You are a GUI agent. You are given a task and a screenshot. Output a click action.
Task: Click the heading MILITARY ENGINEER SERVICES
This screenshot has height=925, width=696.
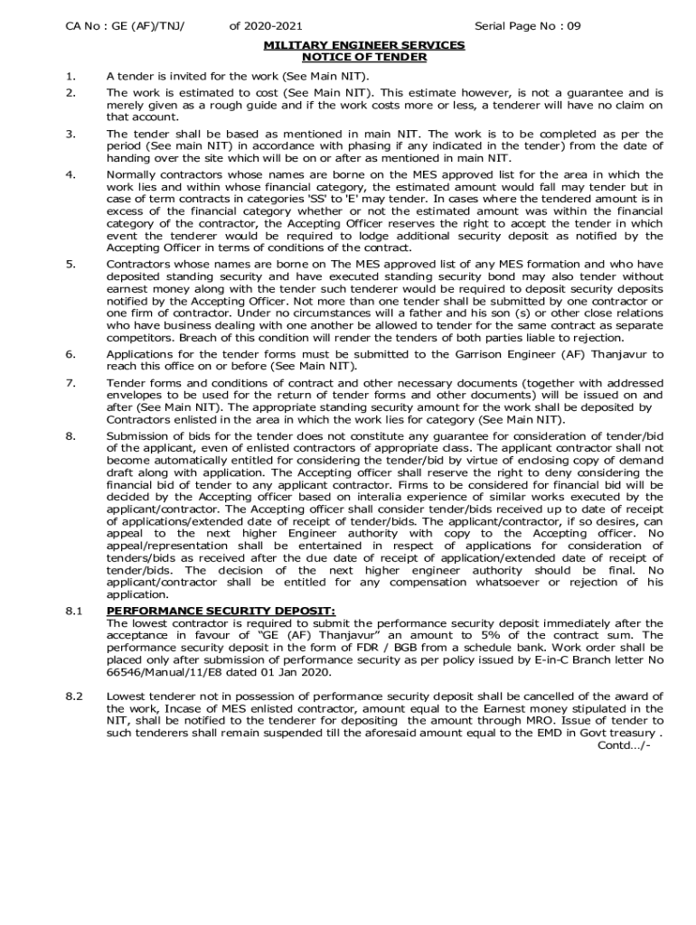pyautogui.click(x=363, y=44)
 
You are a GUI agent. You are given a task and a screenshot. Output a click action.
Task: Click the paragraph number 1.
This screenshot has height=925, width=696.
pyautogui.click(x=71, y=77)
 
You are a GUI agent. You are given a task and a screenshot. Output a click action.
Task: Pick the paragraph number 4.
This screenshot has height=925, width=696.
pyautogui.click(x=71, y=174)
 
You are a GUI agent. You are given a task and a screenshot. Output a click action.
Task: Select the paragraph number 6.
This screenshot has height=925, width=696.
pyautogui.click(x=71, y=354)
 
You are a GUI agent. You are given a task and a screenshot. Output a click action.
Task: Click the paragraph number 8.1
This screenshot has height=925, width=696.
pyautogui.click(x=74, y=612)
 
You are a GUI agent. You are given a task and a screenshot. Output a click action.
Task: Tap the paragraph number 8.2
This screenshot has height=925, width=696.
pyautogui.click(x=74, y=696)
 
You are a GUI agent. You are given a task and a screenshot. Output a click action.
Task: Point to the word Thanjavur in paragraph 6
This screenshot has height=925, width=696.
pyautogui.click(x=633, y=354)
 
